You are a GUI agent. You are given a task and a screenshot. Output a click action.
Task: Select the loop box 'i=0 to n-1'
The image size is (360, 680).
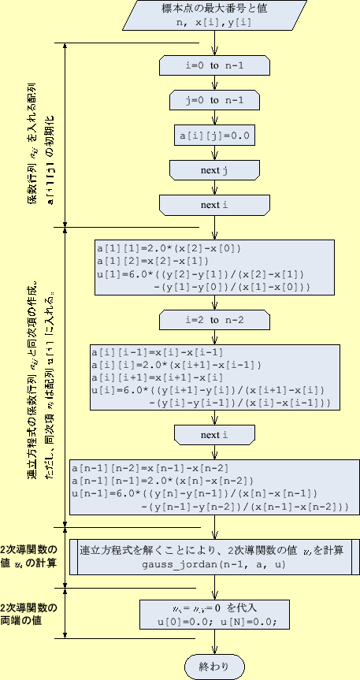tap(214, 66)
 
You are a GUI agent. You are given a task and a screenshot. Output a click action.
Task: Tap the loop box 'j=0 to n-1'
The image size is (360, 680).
tap(214, 100)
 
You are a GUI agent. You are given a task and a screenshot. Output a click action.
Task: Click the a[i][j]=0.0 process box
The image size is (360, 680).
tap(214, 136)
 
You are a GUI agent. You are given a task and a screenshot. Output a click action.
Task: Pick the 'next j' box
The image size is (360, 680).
tap(214, 170)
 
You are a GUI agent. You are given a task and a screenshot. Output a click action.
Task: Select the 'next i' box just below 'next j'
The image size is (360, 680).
tap(214, 205)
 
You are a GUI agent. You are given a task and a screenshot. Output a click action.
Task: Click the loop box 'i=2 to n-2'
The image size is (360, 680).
tap(214, 321)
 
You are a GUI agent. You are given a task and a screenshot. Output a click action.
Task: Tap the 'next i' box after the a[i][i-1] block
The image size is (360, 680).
tap(214, 435)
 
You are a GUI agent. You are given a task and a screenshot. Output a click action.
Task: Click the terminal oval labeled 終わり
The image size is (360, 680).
tap(214, 666)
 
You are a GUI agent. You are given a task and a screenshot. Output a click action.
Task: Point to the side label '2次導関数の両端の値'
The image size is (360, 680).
tap(30, 614)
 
